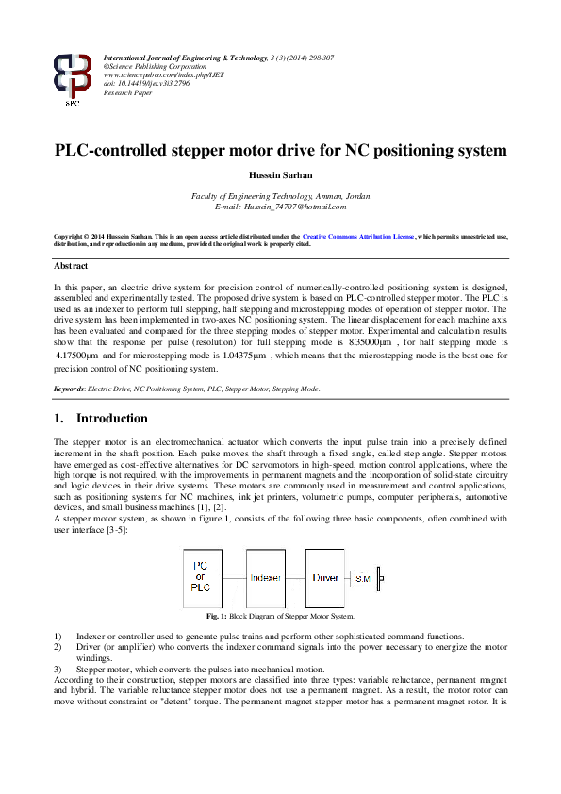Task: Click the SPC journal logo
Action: coord(73,77)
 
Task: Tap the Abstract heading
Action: coord(71,267)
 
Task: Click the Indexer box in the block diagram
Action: coord(267,576)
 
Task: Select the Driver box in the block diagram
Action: coord(325,576)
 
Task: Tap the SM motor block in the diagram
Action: coord(363,576)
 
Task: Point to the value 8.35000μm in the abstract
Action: coord(431,345)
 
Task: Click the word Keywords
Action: coord(71,389)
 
